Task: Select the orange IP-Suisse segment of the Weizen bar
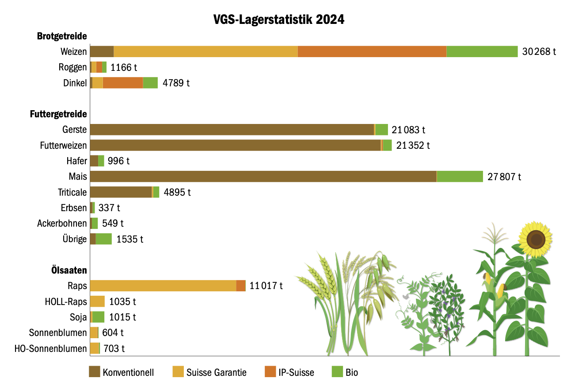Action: [x=372, y=51]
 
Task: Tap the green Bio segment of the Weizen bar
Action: [x=482, y=51]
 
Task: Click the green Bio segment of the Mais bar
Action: [x=460, y=177]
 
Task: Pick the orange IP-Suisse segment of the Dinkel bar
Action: [x=122, y=83]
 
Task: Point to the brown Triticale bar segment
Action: [x=120, y=192]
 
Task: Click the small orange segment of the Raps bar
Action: [x=241, y=286]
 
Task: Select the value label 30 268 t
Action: [x=538, y=51]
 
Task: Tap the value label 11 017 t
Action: [x=266, y=286]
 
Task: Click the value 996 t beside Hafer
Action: [x=118, y=161]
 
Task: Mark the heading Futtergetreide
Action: [x=58, y=114]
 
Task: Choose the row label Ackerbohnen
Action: [x=62, y=224]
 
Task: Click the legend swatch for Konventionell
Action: [x=95, y=372]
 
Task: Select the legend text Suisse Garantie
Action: [x=216, y=372]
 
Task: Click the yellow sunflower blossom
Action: [x=536, y=239]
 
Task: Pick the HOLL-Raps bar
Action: [x=97, y=301]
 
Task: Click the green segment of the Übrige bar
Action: [x=104, y=239]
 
